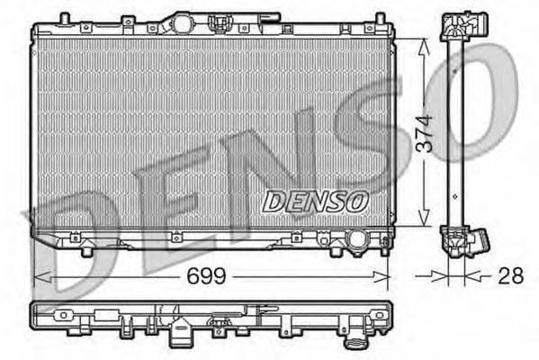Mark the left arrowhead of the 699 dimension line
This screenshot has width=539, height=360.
(37, 275)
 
